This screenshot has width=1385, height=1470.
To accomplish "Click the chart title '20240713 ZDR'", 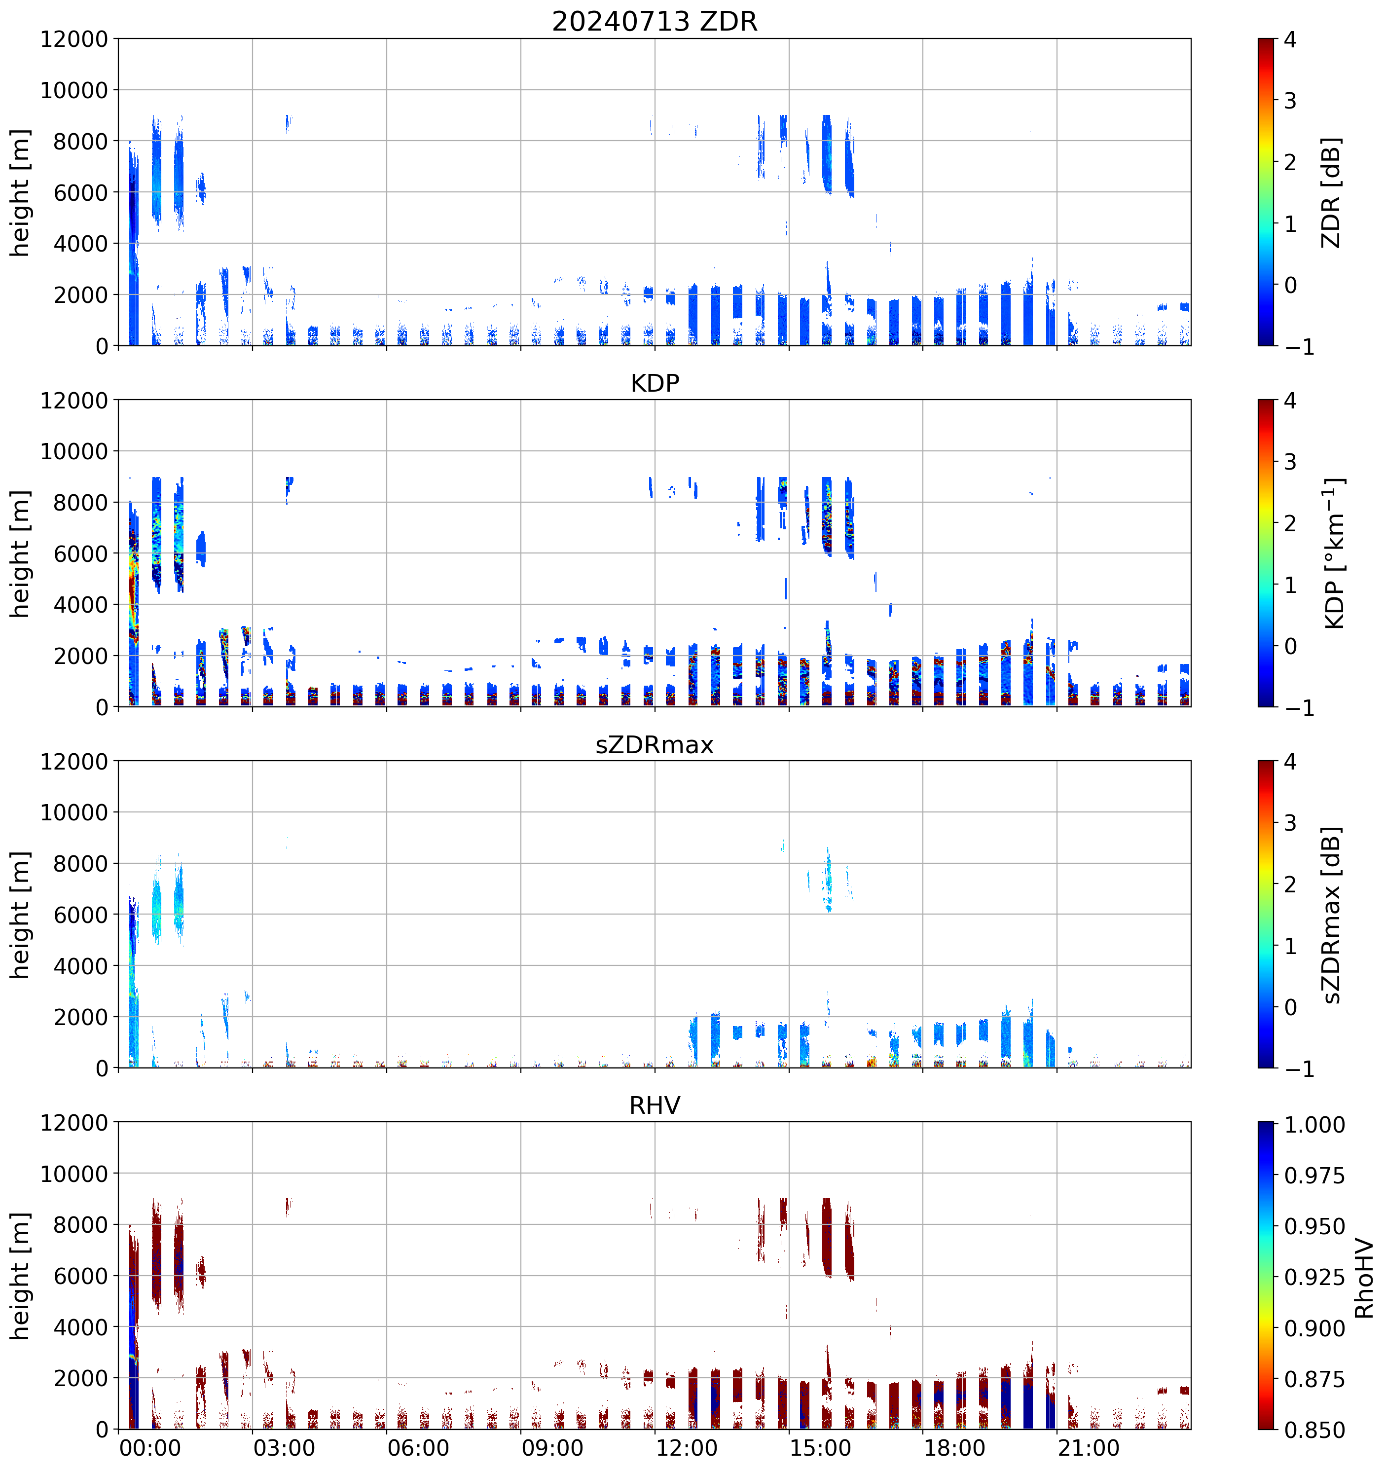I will point(655,21).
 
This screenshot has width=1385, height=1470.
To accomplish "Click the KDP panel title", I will point(655,383).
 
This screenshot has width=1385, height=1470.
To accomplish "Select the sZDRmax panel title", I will point(655,744).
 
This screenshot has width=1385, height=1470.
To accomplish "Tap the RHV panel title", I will point(655,1105).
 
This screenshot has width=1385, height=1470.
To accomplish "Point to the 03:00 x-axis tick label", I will point(284,1448).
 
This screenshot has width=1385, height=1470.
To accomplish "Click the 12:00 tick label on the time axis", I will point(686,1448).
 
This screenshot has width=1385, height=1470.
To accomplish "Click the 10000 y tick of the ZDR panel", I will point(74,90).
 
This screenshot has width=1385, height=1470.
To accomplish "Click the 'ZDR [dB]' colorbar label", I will point(1331,192).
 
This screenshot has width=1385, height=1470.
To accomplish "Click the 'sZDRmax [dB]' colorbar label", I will point(1331,915).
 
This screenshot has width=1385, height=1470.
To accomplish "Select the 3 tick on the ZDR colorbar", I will point(1290,101).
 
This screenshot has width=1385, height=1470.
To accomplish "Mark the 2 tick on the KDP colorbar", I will point(1290,523).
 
